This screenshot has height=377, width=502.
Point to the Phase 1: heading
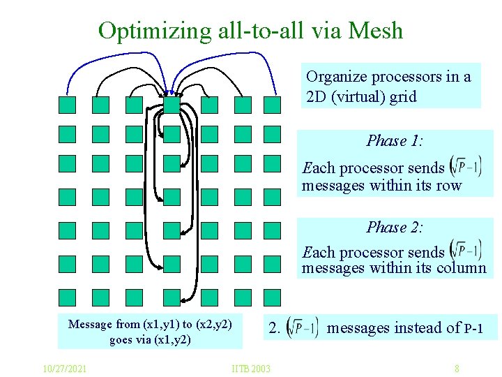[395, 141]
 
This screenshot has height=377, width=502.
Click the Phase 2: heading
[395, 228]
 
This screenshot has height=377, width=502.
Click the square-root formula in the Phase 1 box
[466, 167]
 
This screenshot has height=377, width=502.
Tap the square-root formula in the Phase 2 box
[466, 251]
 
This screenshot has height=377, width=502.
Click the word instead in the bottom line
[420, 327]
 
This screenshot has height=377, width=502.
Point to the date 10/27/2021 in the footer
[64, 368]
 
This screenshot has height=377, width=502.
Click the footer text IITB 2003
[251, 368]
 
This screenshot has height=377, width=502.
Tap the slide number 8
[456, 368]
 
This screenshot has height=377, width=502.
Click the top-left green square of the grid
[67, 105]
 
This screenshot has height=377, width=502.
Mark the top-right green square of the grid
[272, 105]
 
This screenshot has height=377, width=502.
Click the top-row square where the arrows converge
[172, 105]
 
